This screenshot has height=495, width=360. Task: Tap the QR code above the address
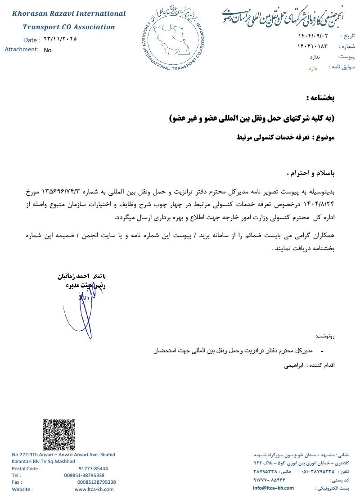[x=59, y=435]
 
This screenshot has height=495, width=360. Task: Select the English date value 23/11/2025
[x=60, y=39]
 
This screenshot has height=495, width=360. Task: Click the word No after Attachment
[x=48, y=50]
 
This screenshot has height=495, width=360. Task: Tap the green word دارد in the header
[x=313, y=68]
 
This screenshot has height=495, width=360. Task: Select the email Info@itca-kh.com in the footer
[x=273, y=488]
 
